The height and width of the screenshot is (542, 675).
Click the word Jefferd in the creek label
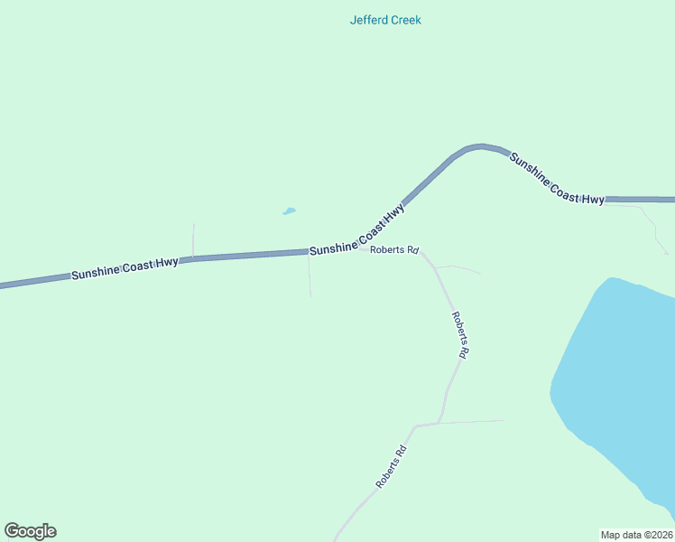369,20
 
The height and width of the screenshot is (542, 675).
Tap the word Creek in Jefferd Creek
405,20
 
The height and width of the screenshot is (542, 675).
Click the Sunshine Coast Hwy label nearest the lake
556,179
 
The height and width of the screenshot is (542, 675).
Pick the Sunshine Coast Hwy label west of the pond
125,268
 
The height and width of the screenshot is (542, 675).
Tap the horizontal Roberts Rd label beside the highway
393,249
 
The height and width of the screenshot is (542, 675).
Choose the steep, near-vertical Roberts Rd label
459,335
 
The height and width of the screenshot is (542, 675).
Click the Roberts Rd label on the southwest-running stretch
392,467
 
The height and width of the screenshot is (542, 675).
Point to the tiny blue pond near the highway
289,211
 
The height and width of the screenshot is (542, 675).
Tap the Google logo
30,531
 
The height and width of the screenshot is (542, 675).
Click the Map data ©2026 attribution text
636,534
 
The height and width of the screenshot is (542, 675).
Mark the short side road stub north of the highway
193,239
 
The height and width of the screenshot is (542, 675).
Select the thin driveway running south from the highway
310,276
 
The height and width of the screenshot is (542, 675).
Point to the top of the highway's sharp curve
480,145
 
